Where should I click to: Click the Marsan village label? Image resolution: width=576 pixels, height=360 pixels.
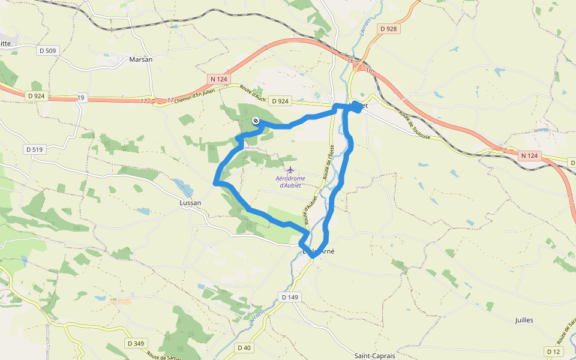coord(141,59)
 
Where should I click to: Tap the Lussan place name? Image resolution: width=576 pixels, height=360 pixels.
coord(190,203)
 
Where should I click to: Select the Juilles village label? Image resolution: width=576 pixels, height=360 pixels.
coord(524,320)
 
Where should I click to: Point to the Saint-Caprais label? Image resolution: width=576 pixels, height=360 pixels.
coord(374,356)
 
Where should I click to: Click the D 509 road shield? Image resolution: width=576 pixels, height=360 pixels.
coord(46,51)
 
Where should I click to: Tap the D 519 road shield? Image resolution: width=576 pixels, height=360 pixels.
coord(35,149)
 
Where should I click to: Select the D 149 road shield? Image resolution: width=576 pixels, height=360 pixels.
coord(290,296)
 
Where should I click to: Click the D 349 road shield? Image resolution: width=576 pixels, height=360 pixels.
coord(136,343)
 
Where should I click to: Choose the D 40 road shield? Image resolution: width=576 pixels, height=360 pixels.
coord(244,347)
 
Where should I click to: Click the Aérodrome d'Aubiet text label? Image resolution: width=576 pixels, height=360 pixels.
coord(290,182)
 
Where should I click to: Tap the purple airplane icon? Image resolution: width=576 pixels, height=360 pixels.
coord(291,170)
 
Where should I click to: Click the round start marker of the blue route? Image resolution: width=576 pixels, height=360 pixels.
coord(256,121)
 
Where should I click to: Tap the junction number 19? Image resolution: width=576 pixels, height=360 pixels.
coord(82,97)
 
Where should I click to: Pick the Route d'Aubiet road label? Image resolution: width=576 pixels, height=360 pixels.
coord(309,204)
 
